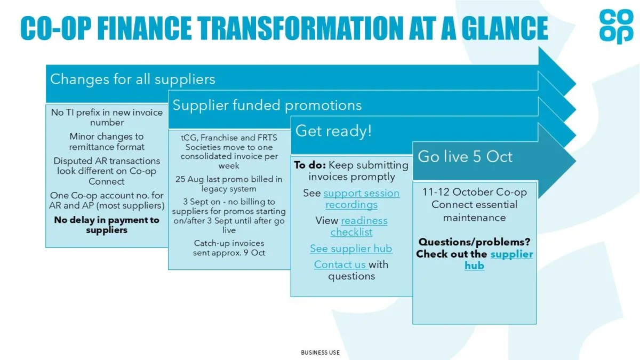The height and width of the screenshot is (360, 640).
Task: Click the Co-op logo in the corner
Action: (x=617, y=26)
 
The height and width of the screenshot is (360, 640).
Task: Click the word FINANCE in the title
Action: (x=145, y=28)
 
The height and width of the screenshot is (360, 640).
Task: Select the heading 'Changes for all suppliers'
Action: (x=133, y=79)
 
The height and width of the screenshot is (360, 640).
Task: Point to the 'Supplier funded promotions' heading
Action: (x=267, y=105)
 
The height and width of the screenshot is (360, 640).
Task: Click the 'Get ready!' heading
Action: (x=333, y=131)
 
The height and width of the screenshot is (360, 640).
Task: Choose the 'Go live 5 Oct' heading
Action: (x=465, y=157)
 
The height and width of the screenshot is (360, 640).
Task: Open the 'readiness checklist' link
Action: (x=359, y=226)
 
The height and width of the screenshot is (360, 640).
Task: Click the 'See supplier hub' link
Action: (x=351, y=249)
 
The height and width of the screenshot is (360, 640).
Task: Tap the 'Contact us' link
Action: (x=340, y=265)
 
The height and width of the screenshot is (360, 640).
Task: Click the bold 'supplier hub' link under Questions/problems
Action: (x=499, y=260)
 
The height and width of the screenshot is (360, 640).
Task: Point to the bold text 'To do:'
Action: (x=310, y=165)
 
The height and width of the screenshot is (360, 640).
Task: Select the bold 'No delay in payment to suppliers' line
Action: (x=107, y=225)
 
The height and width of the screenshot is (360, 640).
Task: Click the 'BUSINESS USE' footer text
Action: (x=321, y=353)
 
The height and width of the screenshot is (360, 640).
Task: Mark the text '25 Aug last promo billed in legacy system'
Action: (x=229, y=183)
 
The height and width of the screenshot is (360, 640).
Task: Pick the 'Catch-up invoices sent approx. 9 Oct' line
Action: (x=229, y=247)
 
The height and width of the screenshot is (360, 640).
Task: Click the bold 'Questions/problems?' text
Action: (x=474, y=242)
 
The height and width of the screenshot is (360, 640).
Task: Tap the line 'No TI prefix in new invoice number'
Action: (x=107, y=117)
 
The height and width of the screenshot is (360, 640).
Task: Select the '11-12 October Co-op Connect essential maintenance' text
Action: (x=474, y=205)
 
